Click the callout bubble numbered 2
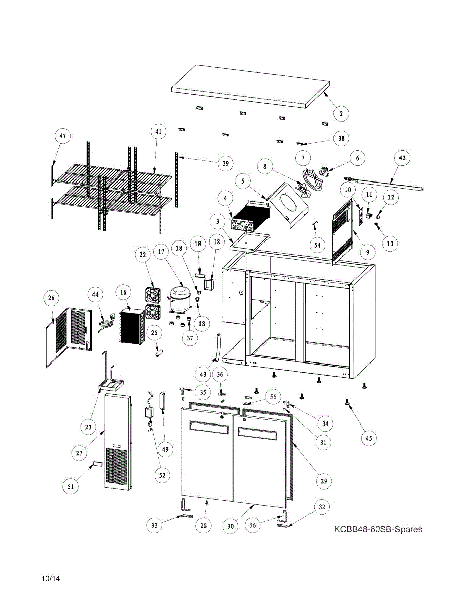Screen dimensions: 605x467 341,114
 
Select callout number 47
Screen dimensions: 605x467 63,136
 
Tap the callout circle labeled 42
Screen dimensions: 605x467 402,158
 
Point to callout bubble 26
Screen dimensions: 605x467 51,298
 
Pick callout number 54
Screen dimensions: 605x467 317,245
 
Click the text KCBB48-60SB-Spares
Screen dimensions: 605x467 377,529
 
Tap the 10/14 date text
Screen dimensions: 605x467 51,579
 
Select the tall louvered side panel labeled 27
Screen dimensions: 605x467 118,442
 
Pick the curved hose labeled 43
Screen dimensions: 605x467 218,347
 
